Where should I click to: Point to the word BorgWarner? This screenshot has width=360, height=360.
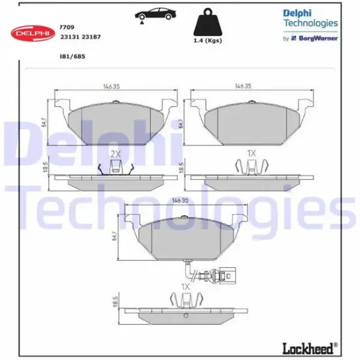[x=319, y=39]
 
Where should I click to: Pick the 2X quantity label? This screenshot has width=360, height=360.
[x=115, y=154]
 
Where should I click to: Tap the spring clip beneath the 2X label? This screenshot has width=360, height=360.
[x=115, y=168]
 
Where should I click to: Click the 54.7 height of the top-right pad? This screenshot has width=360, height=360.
[x=181, y=122]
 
